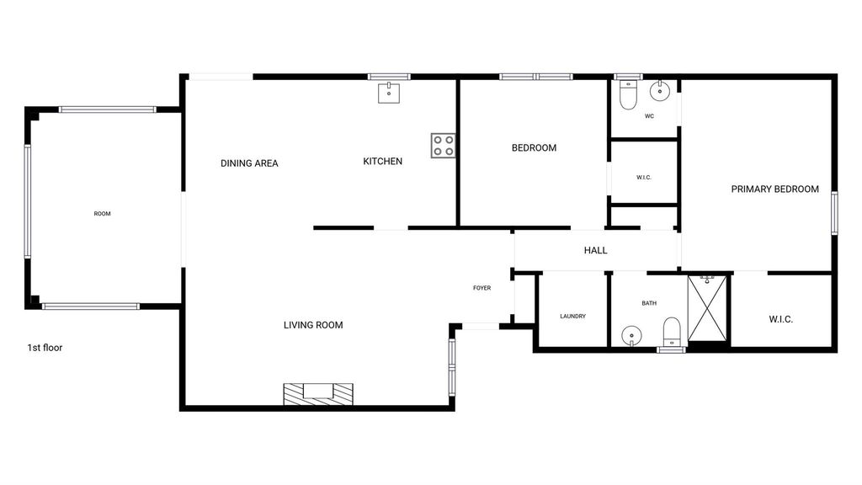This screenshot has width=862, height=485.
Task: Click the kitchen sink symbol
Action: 389,93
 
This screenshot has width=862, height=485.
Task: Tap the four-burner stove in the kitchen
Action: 443,146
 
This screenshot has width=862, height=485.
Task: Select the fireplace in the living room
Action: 318,394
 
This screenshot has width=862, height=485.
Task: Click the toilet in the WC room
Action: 628,94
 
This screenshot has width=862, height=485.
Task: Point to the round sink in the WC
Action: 660,91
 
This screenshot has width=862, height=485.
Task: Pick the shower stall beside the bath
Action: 707,308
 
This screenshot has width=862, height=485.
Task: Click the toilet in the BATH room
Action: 672,332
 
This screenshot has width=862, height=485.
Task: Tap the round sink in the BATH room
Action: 631,335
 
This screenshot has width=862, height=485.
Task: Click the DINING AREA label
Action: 249,163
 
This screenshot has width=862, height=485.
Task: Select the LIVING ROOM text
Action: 313,325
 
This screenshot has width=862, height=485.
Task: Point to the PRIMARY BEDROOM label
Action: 775,189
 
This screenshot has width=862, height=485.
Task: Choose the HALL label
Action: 595,251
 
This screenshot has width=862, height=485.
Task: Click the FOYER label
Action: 482,288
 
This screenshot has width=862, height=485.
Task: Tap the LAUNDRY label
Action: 572,317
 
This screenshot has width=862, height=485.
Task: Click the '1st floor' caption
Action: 45,348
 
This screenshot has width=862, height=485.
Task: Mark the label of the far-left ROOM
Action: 102,214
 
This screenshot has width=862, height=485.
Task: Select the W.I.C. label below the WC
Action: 644,178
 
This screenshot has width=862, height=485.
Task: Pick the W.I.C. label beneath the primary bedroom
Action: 780,319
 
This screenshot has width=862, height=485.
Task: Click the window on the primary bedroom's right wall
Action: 834,213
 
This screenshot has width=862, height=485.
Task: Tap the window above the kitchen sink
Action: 389,77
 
